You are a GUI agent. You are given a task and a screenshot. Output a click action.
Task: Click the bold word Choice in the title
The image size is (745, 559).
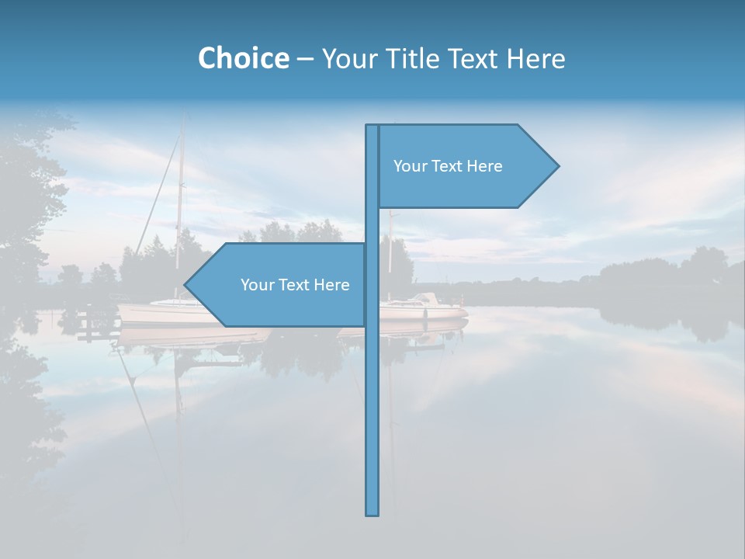(x=243, y=58)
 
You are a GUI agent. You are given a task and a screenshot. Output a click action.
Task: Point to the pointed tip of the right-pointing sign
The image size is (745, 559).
(x=557, y=165)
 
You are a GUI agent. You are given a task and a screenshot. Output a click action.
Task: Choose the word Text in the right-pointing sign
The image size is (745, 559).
(x=447, y=166)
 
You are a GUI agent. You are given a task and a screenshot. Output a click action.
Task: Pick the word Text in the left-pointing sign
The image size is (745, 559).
(x=294, y=285)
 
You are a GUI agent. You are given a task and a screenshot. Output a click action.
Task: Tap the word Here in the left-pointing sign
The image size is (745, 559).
(x=331, y=285)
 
